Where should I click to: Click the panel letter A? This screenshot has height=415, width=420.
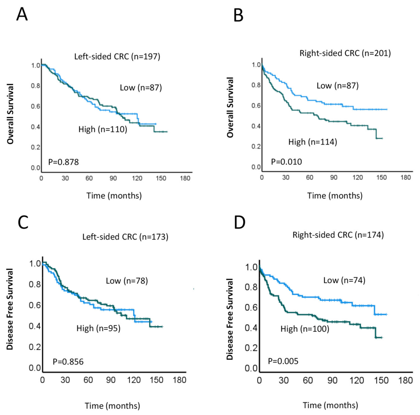click(22, 14)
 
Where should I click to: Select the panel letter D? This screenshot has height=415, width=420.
click(239, 223)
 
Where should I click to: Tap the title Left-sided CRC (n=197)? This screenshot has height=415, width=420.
click(117, 56)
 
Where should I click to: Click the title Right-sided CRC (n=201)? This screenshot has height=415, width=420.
click(345, 53)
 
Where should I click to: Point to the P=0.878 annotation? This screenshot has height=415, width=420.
click(63, 162)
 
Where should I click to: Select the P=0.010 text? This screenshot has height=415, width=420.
click(287, 162)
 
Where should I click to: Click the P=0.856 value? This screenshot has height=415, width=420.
click(68, 362)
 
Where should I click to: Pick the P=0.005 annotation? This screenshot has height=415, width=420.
click(283, 361)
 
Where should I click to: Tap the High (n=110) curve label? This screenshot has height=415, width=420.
click(103, 129)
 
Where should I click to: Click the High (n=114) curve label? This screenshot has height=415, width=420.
click(312, 142)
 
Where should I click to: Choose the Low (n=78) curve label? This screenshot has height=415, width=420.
click(127, 281)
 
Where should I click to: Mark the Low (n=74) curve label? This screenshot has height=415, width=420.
click(344, 280)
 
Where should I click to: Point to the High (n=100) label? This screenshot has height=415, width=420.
click(305, 329)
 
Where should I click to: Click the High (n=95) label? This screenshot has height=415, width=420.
click(98, 328)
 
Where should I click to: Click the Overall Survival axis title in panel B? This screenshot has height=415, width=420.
click(230, 107)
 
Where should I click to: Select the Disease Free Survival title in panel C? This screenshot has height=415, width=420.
click(10, 309)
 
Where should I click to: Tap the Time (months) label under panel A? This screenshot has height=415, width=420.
click(114, 196)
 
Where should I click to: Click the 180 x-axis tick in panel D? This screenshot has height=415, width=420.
click(405, 381)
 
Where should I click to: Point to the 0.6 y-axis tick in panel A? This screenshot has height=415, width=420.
click(36, 106)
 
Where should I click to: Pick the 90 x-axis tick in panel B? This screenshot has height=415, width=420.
click(334, 177)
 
